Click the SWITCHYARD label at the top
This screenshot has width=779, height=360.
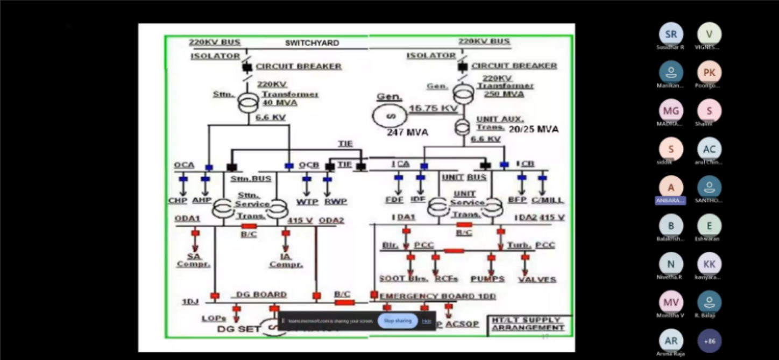[x=312, y=43]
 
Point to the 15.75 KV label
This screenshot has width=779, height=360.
[x=433, y=108]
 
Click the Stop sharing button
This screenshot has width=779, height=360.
[x=398, y=321]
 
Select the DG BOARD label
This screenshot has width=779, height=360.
[x=261, y=295]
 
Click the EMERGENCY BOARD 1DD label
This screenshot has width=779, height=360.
[x=438, y=297]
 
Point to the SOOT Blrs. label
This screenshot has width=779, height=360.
[x=403, y=279]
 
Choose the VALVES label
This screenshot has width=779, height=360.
[x=537, y=279]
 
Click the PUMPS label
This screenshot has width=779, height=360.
[x=487, y=279]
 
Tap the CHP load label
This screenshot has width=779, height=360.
[x=178, y=201]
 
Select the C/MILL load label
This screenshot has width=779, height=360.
[x=547, y=200]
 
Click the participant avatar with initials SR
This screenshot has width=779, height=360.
[x=671, y=34]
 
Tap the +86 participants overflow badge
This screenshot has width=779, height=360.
[x=710, y=341]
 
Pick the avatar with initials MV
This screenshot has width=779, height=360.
[x=671, y=302]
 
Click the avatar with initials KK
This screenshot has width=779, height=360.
[x=710, y=264]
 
